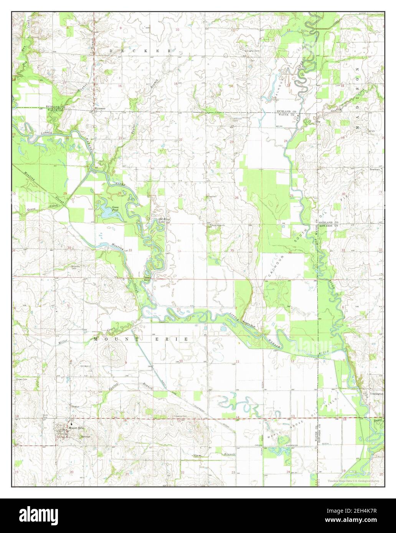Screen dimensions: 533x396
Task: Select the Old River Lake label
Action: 165,220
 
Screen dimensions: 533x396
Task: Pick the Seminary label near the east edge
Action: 375,169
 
